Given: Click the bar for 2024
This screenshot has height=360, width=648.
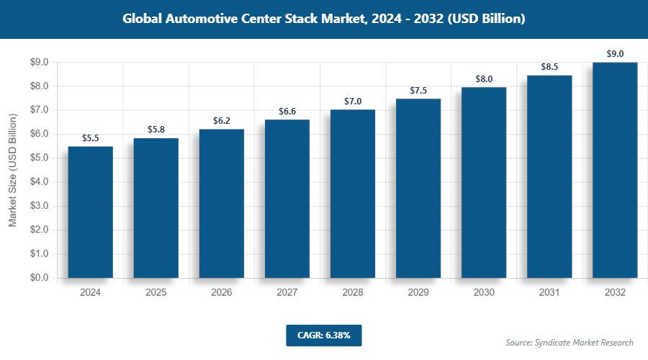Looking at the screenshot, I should (x=90, y=212).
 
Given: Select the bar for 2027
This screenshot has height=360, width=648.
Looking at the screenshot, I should (x=287, y=199).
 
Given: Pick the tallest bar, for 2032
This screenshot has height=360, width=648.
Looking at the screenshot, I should (x=615, y=170).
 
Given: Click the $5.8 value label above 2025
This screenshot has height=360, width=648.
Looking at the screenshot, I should (x=156, y=129).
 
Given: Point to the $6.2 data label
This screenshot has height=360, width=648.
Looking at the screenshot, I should (x=221, y=120).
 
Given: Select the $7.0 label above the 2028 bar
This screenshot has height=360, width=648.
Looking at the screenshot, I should (x=352, y=101).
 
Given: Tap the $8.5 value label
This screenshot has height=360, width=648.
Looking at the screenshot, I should (x=549, y=67).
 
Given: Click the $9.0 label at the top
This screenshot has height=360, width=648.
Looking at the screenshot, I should (x=615, y=54).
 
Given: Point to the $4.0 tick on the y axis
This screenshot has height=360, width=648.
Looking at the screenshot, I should (x=39, y=182).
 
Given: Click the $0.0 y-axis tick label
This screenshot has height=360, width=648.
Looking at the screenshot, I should (x=39, y=278).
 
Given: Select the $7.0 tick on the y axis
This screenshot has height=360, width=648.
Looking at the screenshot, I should (x=39, y=110).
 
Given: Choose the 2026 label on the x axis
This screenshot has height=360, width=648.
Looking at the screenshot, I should (x=221, y=292).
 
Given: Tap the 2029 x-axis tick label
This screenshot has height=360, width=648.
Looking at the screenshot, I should (x=418, y=292).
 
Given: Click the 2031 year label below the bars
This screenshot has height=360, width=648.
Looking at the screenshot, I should (x=549, y=292).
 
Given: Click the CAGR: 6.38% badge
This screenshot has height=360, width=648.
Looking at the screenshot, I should (x=323, y=335).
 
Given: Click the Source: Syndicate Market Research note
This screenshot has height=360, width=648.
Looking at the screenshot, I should (x=570, y=342).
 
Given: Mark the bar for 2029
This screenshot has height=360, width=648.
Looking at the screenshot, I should (x=418, y=188).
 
